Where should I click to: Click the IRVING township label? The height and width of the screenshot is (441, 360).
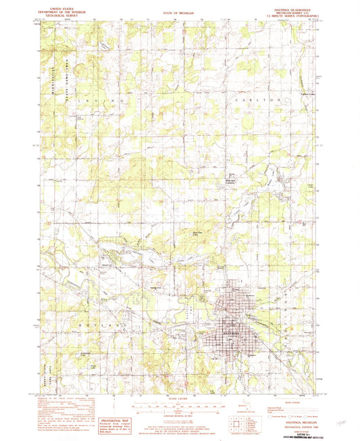pyautogui.click(x=107, y=99)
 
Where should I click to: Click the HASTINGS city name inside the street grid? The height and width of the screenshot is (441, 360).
pyautogui.click(x=232, y=333)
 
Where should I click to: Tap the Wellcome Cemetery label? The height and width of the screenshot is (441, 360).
pyautogui.click(x=232, y=180)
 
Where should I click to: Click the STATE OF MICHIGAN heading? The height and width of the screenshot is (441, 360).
pyautogui.click(x=177, y=13)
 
